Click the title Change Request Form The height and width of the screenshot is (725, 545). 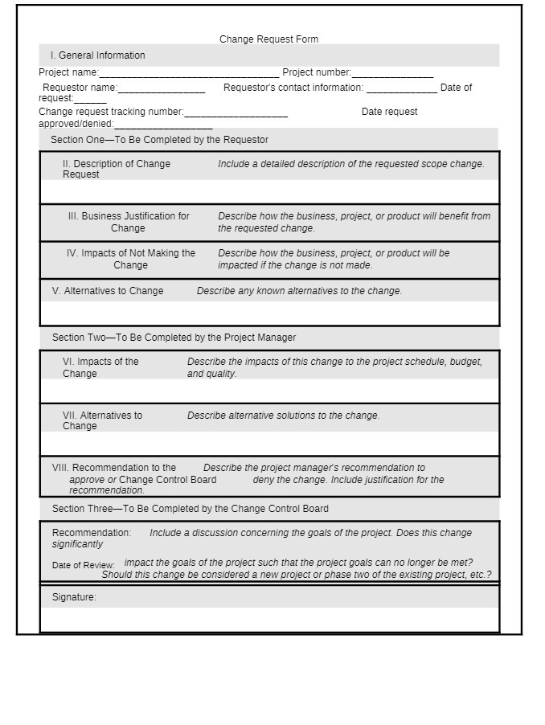click(x=268, y=39)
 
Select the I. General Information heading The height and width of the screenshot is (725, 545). click(x=97, y=55)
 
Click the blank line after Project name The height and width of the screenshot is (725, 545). click(x=189, y=73)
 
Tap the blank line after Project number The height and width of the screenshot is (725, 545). click(x=392, y=73)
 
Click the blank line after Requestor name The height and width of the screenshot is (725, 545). click(x=161, y=88)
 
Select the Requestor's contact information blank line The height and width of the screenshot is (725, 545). click(x=402, y=88)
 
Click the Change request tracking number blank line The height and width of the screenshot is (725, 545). click(x=236, y=113)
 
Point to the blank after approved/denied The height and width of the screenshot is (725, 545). click(x=163, y=125)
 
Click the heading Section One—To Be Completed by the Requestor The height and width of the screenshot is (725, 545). click(x=159, y=140)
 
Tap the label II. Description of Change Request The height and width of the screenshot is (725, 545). click(x=116, y=169)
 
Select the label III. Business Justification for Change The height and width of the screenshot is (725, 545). click(x=129, y=222)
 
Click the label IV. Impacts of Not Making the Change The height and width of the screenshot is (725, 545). click(x=130, y=259)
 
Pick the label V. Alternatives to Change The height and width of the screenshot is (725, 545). click(x=108, y=291)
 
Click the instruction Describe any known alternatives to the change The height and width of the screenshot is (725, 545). click(x=299, y=291)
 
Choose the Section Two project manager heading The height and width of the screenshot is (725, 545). click(x=174, y=338)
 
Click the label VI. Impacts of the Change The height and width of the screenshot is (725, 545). click(x=100, y=367)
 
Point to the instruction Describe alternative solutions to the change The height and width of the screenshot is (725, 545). click(x=283, y=416)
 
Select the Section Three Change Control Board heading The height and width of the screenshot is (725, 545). click(x=190, y=509)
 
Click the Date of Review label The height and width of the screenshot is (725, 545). click(x=84, y=565)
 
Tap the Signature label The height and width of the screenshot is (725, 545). click(x=74, y=597)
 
